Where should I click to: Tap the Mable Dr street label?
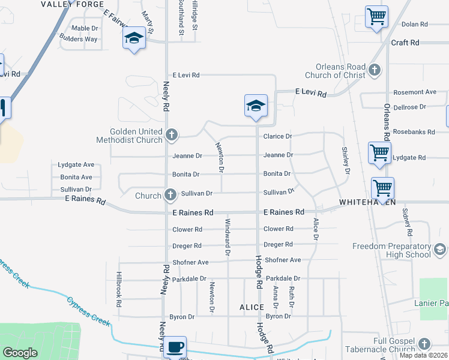click(x=84, y=28)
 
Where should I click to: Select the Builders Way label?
click(x=79, y=39)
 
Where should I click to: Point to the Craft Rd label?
click(x=405, y=43)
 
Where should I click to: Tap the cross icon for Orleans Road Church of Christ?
click(x=375, y=70)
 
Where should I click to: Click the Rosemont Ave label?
click(x=414, y=92)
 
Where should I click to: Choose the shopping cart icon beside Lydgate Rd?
click(x=379, y=152)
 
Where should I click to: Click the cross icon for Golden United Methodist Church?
click(x=171, y=135)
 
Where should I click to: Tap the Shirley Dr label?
click(x=345, y=160)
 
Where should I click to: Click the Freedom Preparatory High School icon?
click(x=439, y=249)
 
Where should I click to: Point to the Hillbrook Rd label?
click(x=119, y=290)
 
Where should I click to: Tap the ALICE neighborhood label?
click(x=252, y=307)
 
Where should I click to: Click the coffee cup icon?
click(x=175, y=346)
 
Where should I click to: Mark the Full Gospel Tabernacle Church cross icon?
click(x=424, y=344)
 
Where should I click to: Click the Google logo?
click(x=20, y=352)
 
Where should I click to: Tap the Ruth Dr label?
click(x=292, y=296)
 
